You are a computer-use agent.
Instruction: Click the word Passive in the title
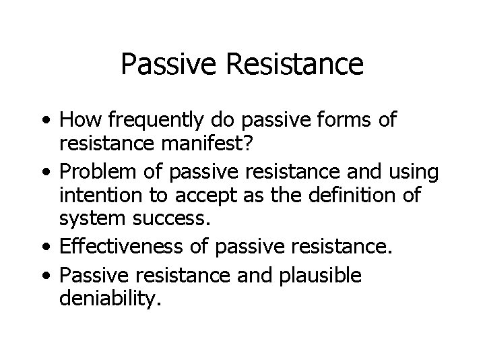point(166,65)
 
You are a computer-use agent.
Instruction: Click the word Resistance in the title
point(290,65)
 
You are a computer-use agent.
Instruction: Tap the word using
point(414,172)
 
